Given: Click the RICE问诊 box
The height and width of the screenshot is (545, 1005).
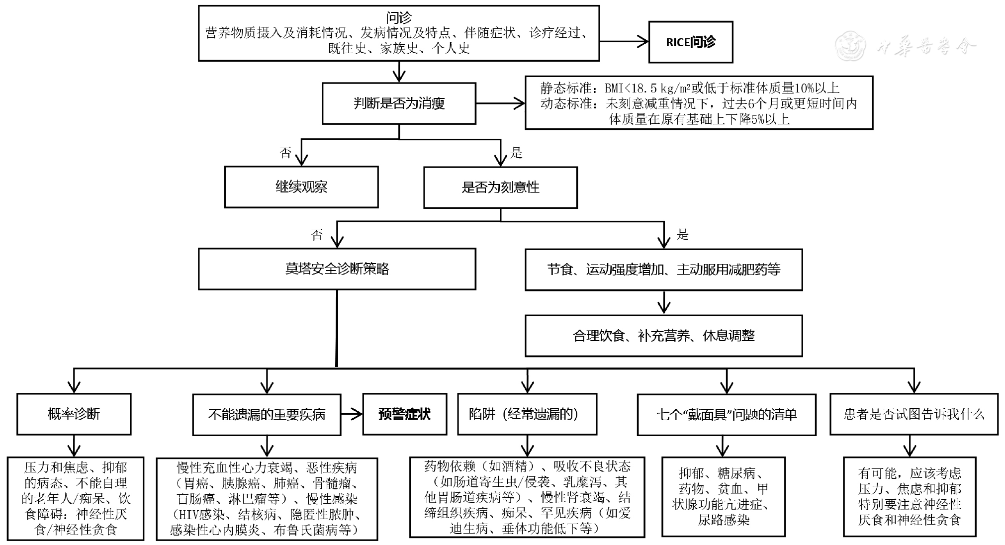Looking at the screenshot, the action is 690,42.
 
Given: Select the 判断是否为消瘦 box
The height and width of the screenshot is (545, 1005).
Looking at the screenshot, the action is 399,103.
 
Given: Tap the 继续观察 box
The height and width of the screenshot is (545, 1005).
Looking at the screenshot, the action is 301,187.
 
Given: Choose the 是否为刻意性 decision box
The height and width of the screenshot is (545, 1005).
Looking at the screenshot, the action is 500,187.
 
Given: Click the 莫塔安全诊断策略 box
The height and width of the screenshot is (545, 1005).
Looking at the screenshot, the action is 337,269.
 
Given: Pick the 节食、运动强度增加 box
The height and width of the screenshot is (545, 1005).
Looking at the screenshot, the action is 664,270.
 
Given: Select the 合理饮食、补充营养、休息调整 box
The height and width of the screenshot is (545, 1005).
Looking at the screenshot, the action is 664,336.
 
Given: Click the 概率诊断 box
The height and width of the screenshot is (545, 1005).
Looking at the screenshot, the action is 74,414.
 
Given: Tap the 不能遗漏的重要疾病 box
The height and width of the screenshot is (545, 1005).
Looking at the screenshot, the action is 267,415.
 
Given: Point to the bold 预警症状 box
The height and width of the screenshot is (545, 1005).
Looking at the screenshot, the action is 404,414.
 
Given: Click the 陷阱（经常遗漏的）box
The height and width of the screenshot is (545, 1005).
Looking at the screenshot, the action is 527,414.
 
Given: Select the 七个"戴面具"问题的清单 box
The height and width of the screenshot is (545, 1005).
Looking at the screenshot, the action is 727,415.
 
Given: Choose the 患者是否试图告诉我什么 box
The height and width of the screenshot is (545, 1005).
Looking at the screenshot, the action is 914,414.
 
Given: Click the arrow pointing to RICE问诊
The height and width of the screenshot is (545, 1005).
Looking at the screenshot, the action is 624,42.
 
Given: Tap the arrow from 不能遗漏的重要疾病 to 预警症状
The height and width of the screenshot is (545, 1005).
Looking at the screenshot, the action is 352,414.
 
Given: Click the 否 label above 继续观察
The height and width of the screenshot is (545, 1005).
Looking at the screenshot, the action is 285,153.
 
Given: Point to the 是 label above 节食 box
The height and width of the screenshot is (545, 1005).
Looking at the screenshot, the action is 682,234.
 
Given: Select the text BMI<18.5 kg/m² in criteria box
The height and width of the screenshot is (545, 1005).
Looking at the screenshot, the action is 647,89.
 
